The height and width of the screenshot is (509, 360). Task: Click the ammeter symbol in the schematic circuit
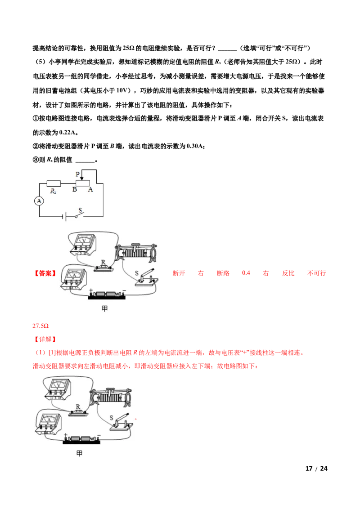(x=39, y=201)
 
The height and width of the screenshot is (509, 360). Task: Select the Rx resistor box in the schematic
(x=54, y=183)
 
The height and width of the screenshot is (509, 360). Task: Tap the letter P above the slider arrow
(x=78, y=174)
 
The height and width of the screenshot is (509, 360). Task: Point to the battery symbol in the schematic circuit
(x=64, y=217)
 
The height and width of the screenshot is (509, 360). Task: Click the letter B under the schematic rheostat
(x=74, y=190)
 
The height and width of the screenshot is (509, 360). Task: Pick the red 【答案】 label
(x=45, y=273)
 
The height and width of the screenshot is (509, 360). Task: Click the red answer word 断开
(x=179, y=273)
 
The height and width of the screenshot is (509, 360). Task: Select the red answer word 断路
(x=223, y=273)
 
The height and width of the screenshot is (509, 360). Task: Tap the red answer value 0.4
(x=246, y=273)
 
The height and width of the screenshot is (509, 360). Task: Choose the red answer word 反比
(x=288, y=273)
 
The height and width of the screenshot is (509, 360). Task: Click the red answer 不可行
(x=317, y=273)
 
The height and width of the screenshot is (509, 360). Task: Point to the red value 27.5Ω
(x=40, y=326)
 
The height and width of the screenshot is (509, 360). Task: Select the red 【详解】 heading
(x=45, y=339)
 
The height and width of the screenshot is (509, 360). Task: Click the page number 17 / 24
(x=316, y=469)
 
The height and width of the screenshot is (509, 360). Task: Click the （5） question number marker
(x=40, y=62)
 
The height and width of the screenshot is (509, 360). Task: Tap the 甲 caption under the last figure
(x=79, y=453)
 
